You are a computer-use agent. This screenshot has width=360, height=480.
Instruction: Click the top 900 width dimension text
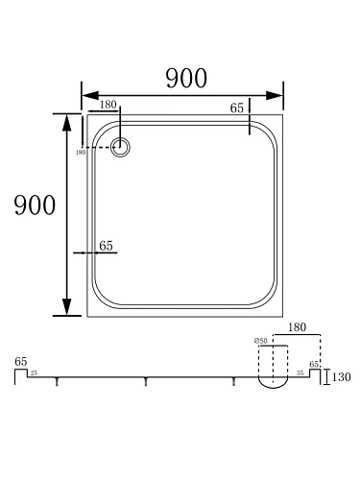(186, 80)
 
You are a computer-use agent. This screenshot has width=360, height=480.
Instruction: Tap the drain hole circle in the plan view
(122, 147)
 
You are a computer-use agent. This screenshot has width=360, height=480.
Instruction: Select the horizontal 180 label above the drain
(108, 104)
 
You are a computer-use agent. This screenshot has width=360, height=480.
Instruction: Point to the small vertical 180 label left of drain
(80, 152)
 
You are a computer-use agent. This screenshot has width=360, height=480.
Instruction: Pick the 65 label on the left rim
(106, 246)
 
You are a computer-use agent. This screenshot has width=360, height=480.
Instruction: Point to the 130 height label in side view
(340, 378)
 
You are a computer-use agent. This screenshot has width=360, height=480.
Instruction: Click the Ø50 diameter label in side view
(259, 341)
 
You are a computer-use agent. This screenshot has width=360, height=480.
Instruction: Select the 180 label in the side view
(296, 327)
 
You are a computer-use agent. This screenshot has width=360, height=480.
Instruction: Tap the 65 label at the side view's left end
(20, 361)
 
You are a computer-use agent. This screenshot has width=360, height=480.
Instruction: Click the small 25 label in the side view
(34, 371)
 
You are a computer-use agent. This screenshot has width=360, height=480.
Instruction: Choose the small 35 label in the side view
(300, 370)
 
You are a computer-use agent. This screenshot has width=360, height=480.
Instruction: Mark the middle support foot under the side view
(146, 382)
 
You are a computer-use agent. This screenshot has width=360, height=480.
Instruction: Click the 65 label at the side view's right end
(314, 364)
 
